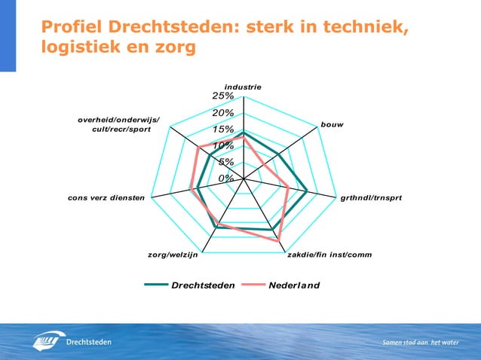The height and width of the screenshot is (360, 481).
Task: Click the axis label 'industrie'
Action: click(x=243, y=87)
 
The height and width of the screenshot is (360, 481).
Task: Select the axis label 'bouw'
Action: click(x=332, y=124)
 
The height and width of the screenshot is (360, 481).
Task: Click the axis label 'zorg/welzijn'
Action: click(x=173, y=255)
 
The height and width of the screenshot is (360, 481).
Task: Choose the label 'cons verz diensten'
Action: click(x=106, y=198)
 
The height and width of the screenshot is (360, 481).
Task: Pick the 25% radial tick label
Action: click(x=222, y=96)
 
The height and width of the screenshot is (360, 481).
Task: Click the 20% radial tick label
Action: click(x=222, y=113)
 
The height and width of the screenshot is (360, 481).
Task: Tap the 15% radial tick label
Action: click(x=222, y=130)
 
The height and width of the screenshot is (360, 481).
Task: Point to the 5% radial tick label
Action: click(x=225, y=162)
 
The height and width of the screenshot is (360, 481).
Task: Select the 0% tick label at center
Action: click(x=225, y=178)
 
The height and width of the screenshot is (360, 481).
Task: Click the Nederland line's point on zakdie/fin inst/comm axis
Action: click(x=278, y=239)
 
